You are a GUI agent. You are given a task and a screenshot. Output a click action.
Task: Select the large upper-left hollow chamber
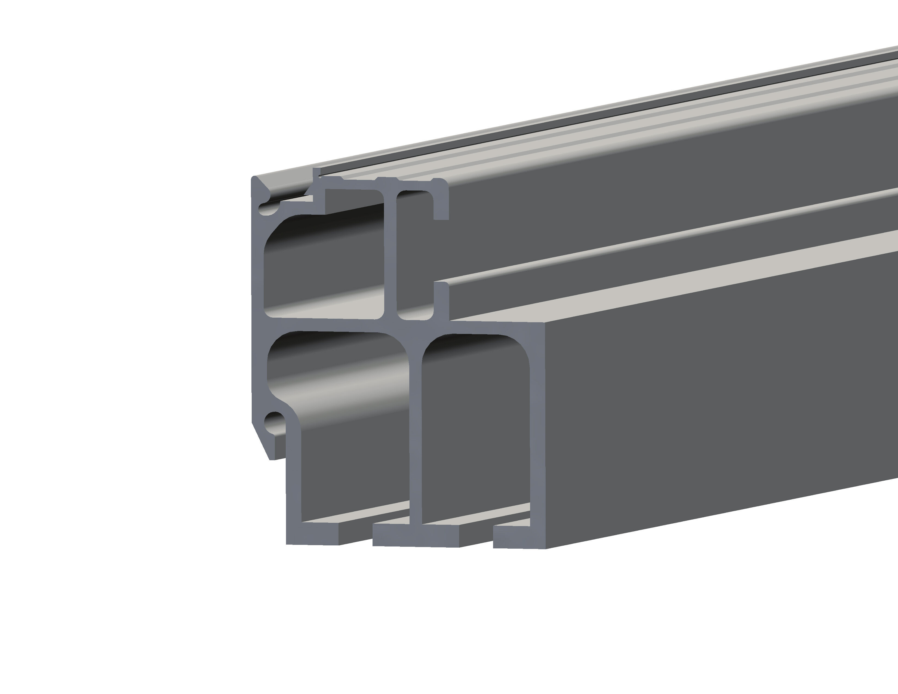325,267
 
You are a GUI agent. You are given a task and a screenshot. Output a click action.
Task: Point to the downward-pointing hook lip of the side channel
441,205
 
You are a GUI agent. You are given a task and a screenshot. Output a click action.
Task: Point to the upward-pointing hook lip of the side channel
441,300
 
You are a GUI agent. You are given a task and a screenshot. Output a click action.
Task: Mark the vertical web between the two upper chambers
390,255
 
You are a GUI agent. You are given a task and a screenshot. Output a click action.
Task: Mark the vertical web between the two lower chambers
415,432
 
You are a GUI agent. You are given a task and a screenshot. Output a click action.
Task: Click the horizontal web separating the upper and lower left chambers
329,324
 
